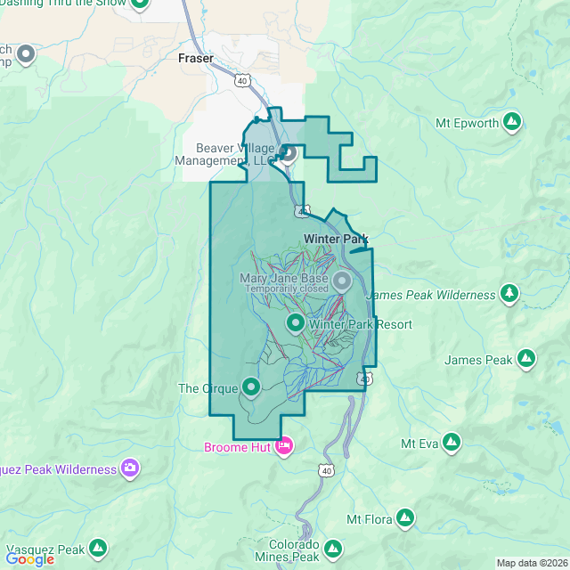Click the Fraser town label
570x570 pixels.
196,58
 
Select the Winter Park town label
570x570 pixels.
335,239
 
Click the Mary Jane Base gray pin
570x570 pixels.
342,282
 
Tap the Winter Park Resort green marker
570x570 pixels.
295,322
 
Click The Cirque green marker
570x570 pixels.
251,387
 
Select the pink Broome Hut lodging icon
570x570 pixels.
283,445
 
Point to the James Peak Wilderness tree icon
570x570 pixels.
509,294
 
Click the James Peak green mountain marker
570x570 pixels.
526,359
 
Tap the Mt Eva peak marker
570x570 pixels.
452,442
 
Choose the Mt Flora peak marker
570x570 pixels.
405,517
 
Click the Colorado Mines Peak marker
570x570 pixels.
333,549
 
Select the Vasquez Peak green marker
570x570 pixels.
98,549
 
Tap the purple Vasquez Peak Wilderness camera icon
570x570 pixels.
130,468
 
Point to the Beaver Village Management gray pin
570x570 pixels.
289,153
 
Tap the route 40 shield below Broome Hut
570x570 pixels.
327,469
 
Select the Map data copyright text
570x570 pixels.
531,563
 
